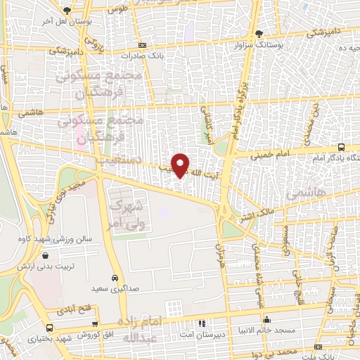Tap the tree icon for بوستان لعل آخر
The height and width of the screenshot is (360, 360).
[67, 11]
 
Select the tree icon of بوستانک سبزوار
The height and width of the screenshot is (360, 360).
[259, 33]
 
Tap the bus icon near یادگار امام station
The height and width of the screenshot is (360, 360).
[341, 147]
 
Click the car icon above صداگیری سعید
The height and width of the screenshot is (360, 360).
[114, 278]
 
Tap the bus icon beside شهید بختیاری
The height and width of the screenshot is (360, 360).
[49, 327]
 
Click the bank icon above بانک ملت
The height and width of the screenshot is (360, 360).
[319, 347]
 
